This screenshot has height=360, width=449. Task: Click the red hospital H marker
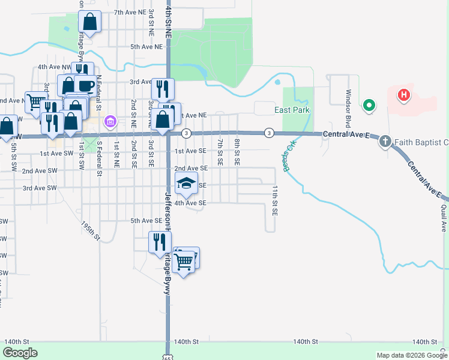pyautogui.click(x=405, y=95)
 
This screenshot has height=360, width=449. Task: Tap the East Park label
pyautogui.click(x=292, y=110)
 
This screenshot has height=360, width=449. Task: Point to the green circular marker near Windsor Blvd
pyautogui.click(x=369, y=106)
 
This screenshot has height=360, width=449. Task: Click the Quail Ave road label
pyautogui.click(x=444, y=217)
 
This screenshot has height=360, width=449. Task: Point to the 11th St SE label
pyautogui.click(x=274, y=200)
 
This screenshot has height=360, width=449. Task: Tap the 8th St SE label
pyautogui.click(x=237, y=152)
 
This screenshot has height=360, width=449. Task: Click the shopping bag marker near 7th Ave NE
pyautogui.click(x=89, y=23)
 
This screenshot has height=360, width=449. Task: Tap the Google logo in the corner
pyautogui.click(x=20, y=353)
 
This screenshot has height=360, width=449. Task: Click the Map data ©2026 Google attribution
pyautogui.click(x=411, y=355)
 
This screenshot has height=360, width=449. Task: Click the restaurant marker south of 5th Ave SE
pyautogui.click(x=160, y=242)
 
